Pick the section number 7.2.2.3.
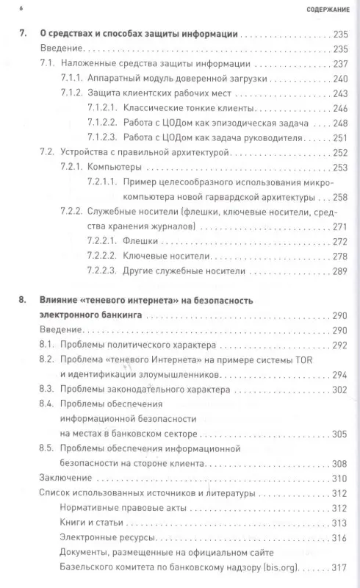pos(102,271)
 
